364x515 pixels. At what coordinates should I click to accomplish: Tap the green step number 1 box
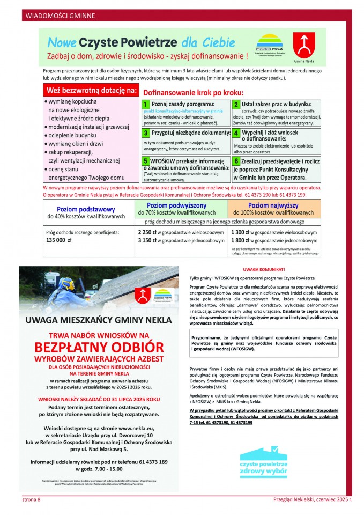145,104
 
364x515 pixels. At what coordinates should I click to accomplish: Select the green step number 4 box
236,132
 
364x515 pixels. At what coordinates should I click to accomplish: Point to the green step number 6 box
236,160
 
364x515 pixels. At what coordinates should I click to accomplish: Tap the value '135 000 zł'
60,241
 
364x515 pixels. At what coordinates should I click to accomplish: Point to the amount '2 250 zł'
147,232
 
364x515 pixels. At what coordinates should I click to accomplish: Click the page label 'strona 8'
31,500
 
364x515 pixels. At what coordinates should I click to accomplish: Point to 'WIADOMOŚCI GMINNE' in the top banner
54,15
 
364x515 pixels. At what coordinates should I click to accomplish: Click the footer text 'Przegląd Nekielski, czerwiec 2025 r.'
312,500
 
